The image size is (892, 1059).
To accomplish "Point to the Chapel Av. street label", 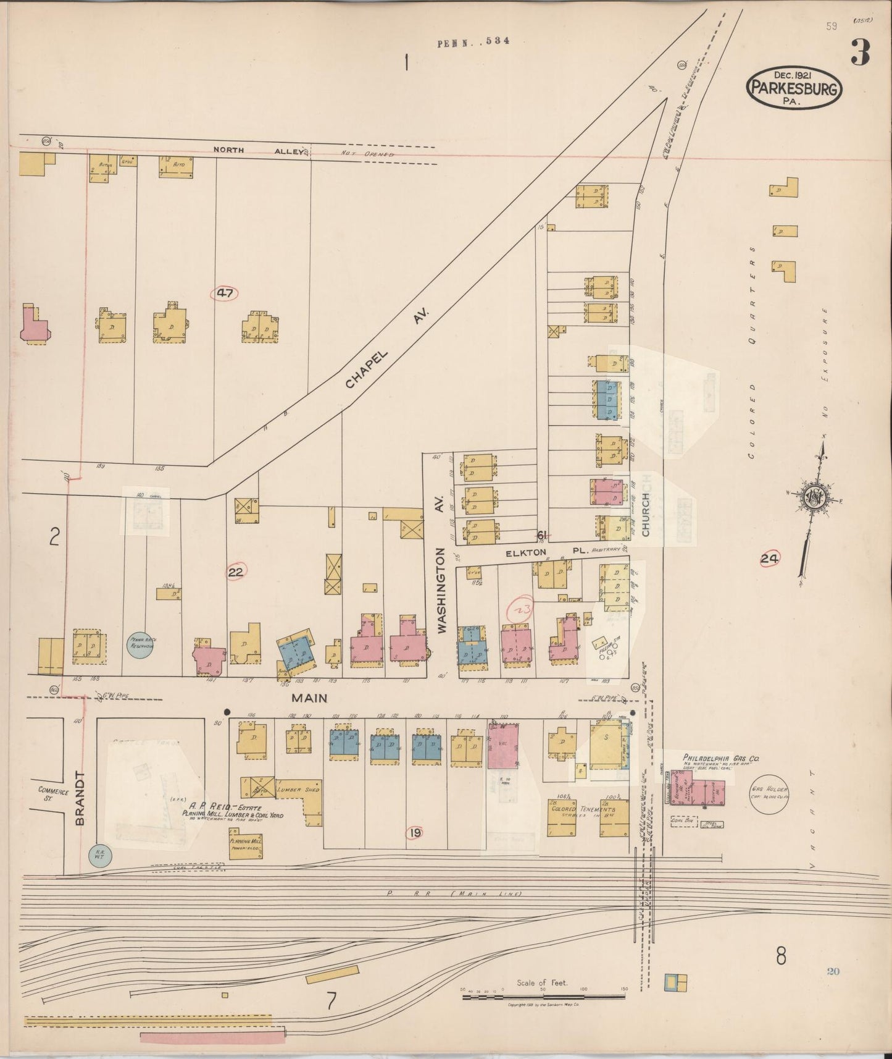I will click(386, 350).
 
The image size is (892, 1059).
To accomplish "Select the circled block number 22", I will click(236, 572).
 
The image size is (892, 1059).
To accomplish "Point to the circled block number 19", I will click(414, 833).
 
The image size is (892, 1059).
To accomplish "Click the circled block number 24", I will click(769, 559).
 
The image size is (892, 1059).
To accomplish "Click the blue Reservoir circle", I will click(140, 644).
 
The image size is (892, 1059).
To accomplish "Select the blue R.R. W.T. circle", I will click(98, 856).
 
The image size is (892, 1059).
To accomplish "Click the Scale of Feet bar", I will click(543, 996).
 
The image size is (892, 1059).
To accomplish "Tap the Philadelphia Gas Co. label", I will click(720, 757).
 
